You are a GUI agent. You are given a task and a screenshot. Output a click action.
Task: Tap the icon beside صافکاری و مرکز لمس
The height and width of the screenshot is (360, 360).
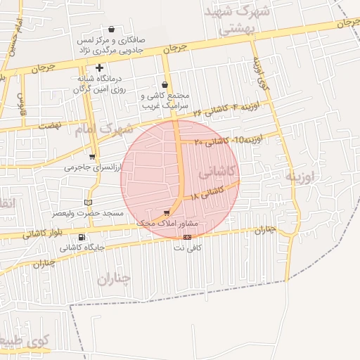pyautogui.click(x=112, y=30)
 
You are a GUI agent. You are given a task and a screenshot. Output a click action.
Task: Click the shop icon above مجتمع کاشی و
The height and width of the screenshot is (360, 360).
pyautogui.click(x=165, y=84)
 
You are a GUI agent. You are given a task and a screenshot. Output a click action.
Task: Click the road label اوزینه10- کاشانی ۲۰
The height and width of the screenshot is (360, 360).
pyautogui.click(x=229, y=139)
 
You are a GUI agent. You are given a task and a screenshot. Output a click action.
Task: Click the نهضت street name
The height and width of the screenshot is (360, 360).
pyautogui.click(x=49, y=124)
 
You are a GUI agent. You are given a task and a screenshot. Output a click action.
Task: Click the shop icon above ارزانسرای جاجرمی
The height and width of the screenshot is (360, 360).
pyautogui.click(x=92, y=157)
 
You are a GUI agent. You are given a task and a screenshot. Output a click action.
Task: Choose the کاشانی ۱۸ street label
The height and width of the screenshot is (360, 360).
pyautogui.click(x=207, y=192)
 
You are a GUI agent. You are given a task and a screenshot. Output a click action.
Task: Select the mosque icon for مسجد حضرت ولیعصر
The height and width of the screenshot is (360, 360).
pyautogui.click(x=88, y=202)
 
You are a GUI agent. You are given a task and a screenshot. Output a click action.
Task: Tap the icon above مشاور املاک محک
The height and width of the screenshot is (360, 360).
pyautogui.click(x=167, y=212)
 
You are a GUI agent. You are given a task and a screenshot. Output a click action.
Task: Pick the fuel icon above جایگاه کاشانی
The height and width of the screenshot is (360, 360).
pyautogui.click(x=82, y=237)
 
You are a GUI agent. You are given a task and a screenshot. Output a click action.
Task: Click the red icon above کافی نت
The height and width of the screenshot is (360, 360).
pyautogui.click(x=187, y=237)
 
